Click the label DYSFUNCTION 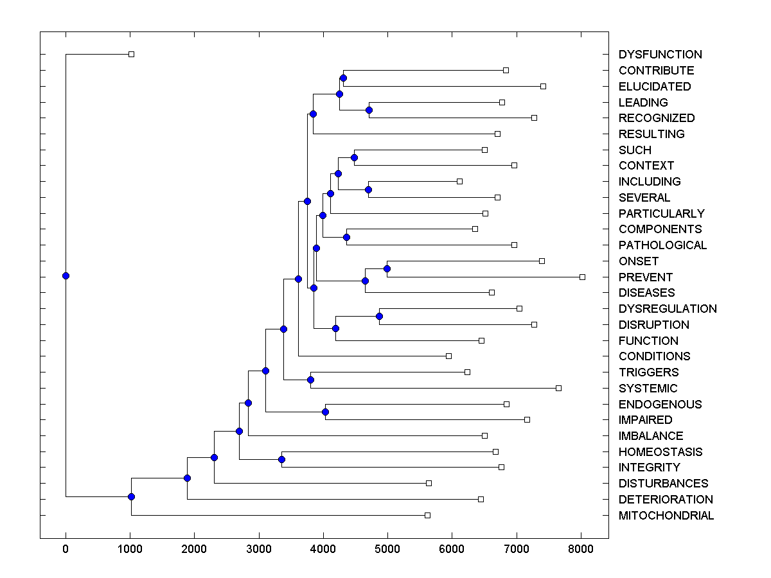pos(660,55)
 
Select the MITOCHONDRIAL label pos(666,516)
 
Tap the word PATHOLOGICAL pos(662,245)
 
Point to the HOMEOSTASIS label pos(660,452)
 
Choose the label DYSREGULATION pos(667,309)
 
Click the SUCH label pos(634,150)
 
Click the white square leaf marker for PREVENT pos(582,277)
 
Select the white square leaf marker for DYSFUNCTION pos(131,55)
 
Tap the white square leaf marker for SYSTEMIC pos(558,388)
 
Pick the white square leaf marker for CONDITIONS pos(448,356)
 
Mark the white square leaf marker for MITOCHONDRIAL pos(427,515)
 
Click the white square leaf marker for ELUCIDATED pos(543,86)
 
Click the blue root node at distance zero pos(66,276)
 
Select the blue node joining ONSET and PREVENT pos(387,268)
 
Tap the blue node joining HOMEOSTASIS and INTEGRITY pos(281,459)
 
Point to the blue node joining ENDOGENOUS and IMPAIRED pos(325,412)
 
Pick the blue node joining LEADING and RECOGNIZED pos(369,110)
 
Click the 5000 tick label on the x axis pos(387,548)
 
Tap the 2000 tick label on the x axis pos(194,548)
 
